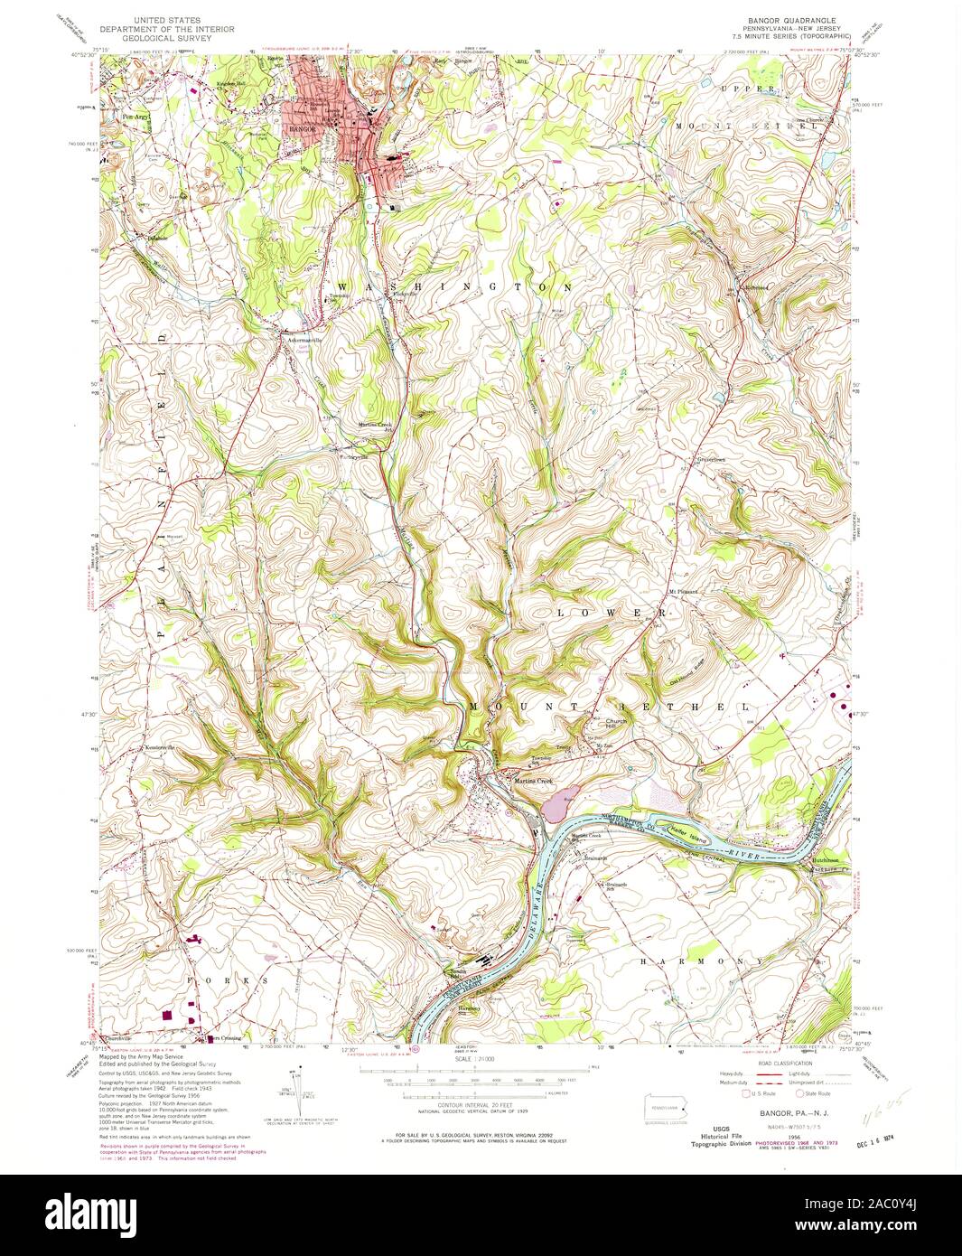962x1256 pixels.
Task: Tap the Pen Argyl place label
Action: [133, 115]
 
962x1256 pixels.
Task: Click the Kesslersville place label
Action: [157, 748]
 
